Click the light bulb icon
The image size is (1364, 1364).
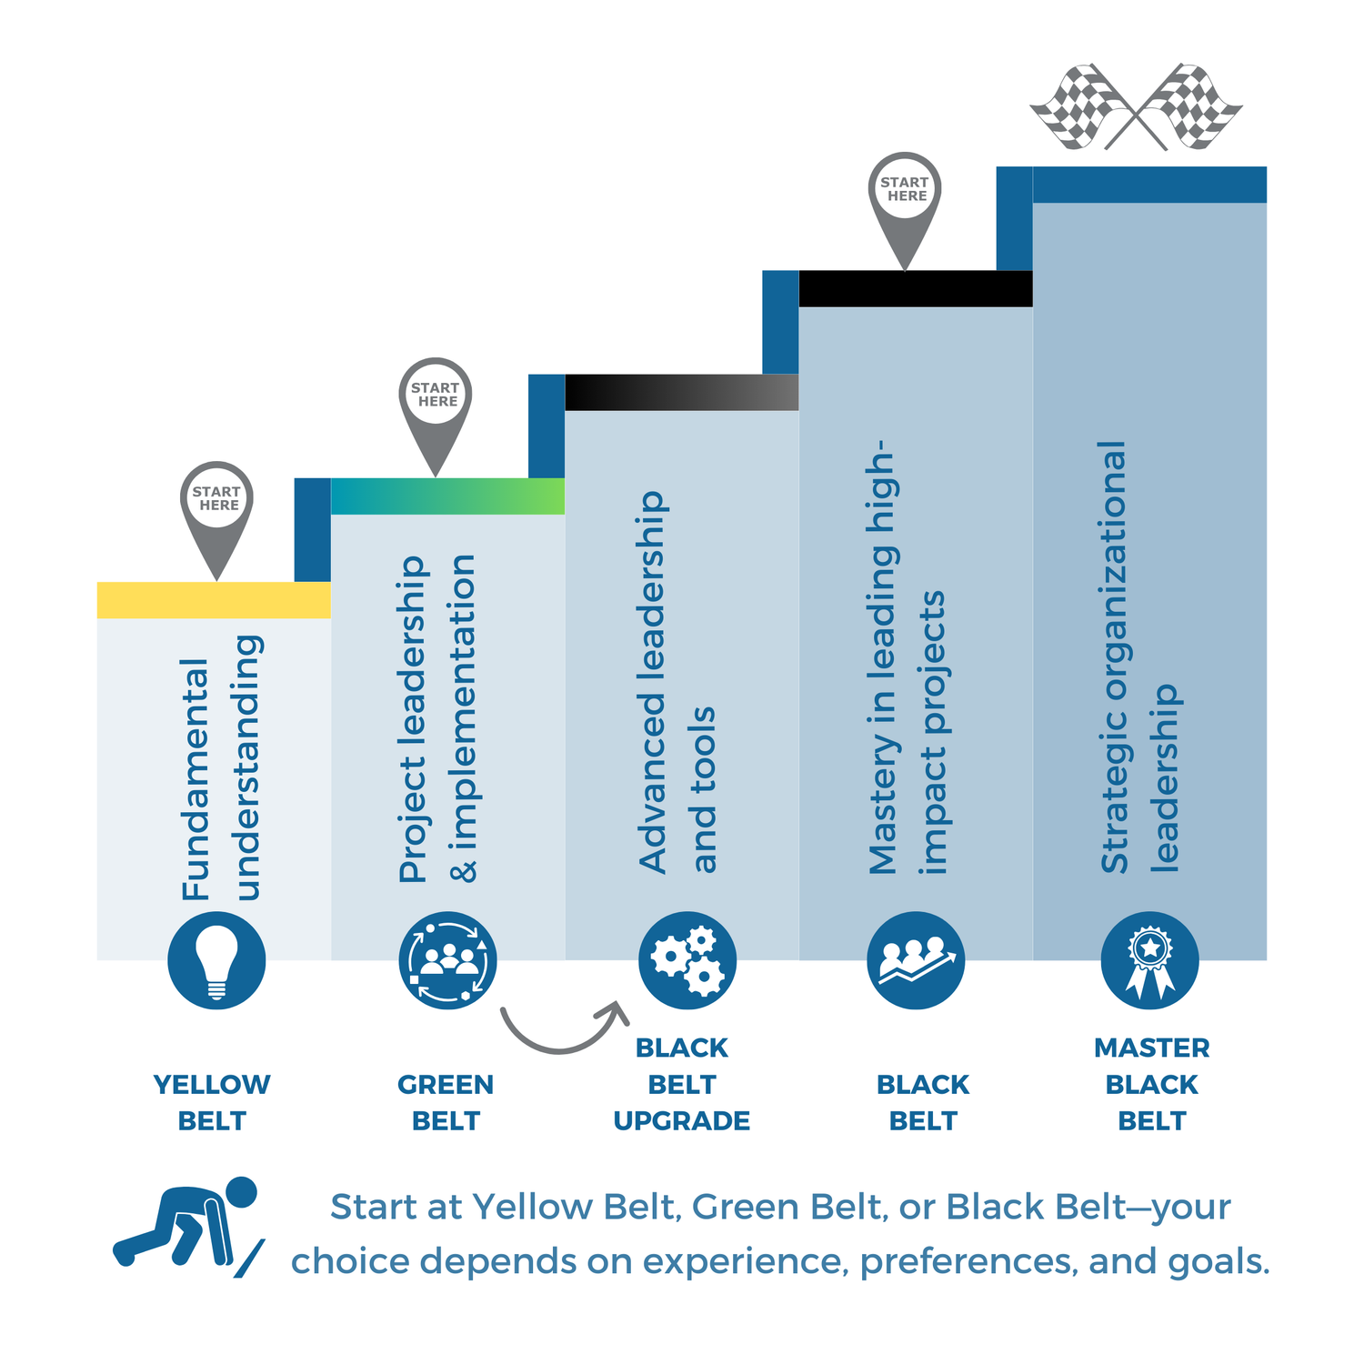point(216,960)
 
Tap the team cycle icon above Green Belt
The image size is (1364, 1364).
point(447,960)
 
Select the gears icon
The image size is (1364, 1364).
point(687,960)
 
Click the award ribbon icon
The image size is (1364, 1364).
point(1149,960)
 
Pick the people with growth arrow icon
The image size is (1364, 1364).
point(916,960)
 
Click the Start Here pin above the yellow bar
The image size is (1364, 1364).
point(216,509)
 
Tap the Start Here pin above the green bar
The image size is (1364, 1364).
point(436,406)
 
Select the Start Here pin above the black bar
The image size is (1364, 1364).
point(905,200)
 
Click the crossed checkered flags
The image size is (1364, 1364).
point(1136,107)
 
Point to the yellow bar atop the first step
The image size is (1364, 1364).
point(214,600)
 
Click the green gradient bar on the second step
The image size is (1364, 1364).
point(447,496)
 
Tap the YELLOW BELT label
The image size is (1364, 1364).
point(212,1102)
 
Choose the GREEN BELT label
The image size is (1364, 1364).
point(446,1102)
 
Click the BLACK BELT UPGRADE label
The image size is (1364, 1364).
point(682,1084)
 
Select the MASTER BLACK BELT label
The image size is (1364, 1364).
point(1151,1084)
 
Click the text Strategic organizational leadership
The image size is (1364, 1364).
point(1138,657)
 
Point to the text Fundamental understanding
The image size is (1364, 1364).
point(221,768)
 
